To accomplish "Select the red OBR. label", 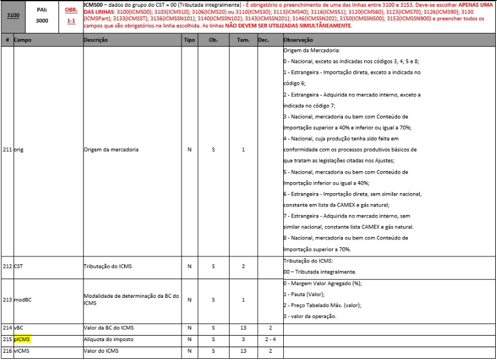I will [71, 9].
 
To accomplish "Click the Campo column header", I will [23, 39].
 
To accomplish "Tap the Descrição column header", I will [96, 39].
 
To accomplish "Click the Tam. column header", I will [243, 39].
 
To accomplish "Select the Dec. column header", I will [263, 39].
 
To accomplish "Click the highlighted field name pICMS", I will [23, 339].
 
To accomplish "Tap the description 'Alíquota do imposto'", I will [108, 339].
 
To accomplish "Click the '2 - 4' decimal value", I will [269, 339].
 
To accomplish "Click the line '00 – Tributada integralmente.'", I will [320, 271].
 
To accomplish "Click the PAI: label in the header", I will [42, 10].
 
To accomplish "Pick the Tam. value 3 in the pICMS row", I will [243, 339].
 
